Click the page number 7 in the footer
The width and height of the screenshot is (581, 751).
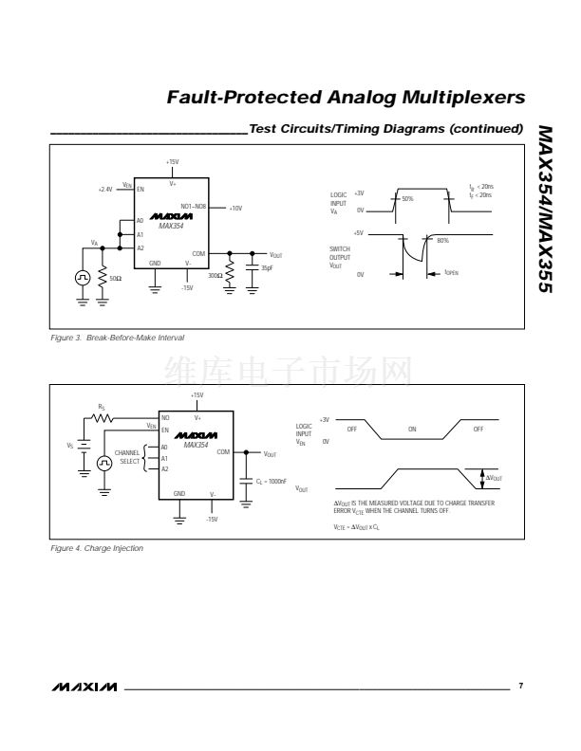click(x=520, y=685)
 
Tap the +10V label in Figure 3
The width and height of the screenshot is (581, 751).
click(x=235, y=208)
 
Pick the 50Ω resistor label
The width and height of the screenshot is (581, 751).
click(x=116, y=278)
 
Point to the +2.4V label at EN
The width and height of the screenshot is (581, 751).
click(x=104, y=190)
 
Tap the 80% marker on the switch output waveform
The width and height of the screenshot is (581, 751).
click(x=442, y=240)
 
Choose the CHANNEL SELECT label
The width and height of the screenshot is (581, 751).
click(x=128, y=456)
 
